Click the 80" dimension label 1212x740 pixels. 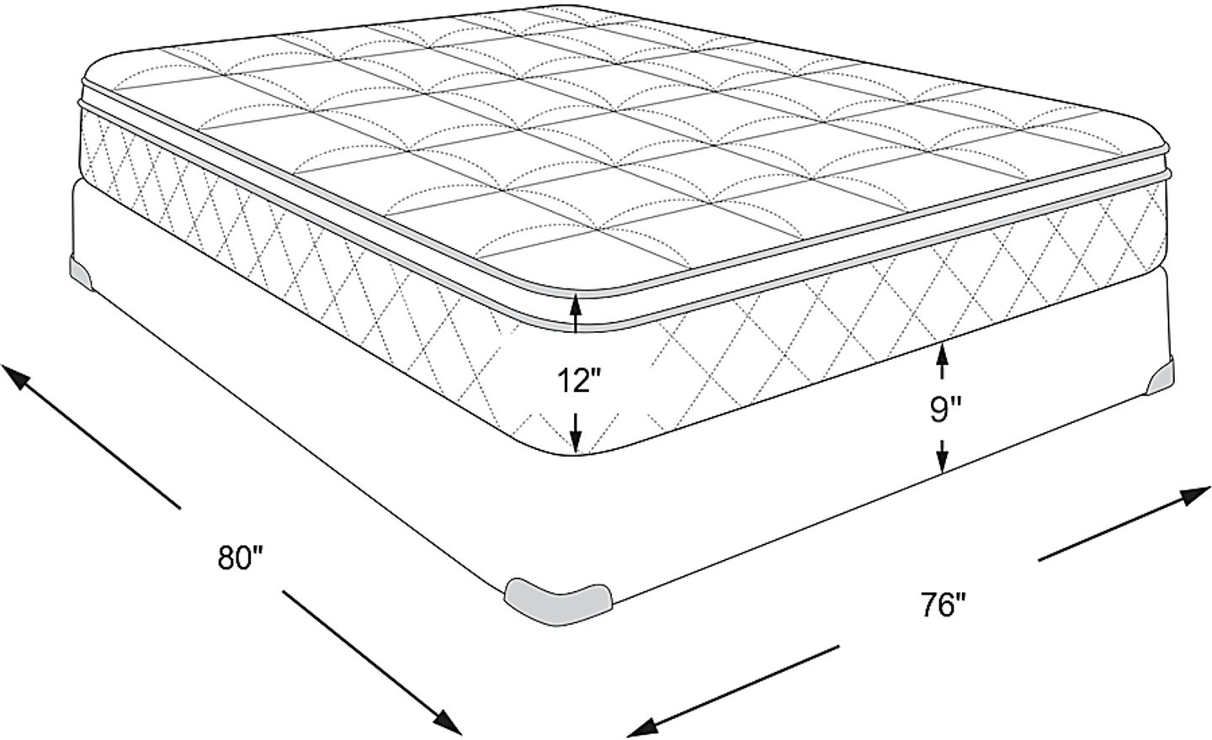click(242, 558)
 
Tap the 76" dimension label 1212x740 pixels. click(941, 605)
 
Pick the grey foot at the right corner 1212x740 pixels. click(1162, 377)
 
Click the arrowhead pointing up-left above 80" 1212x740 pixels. click(19, 377)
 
